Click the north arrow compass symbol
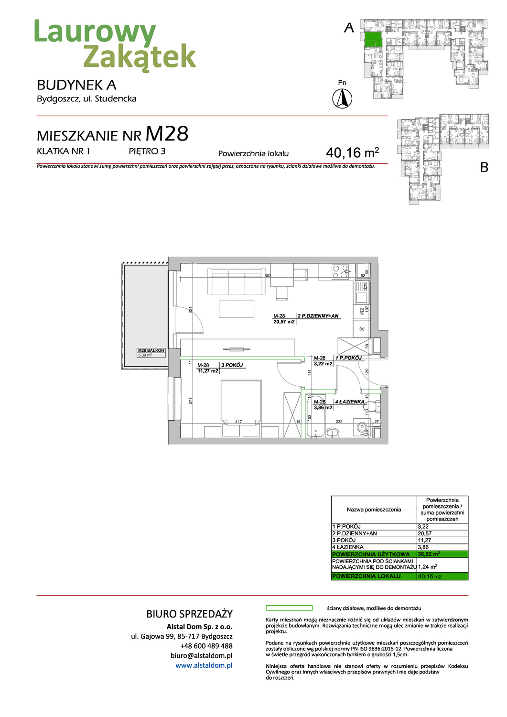point(342,99)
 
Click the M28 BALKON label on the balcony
point(151,350)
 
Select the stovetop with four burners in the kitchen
point(341,272)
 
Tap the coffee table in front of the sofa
point(237,308)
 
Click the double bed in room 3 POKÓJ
point(241,402)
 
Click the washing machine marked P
point(362,427)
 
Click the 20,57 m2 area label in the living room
point(284,322)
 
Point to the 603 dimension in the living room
point(268,276)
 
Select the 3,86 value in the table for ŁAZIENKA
point(423,547)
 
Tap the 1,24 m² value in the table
point(427,567)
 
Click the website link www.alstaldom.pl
point(204,665)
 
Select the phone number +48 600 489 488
point(206,646)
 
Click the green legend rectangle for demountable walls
point(289,608)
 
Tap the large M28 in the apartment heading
point(167,134)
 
